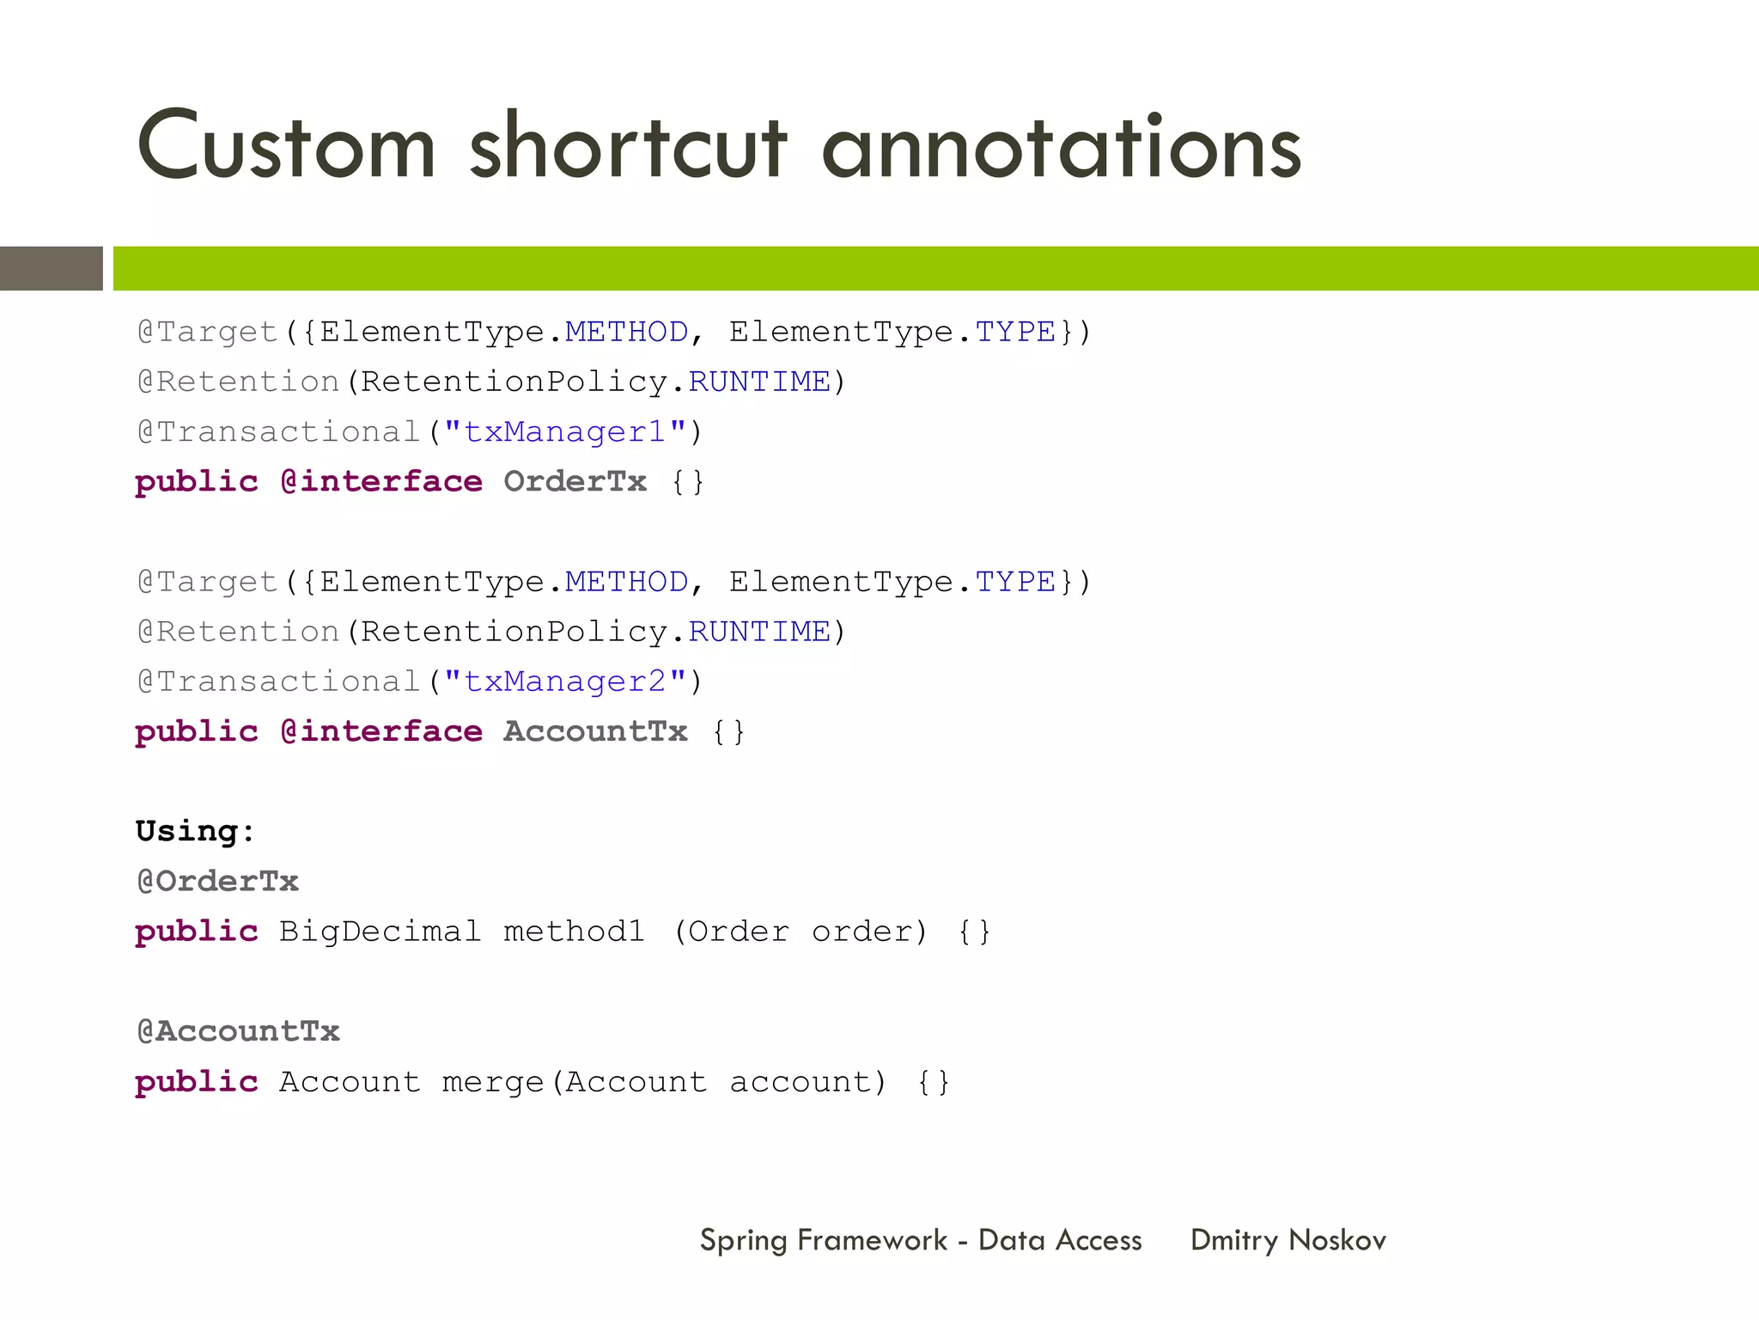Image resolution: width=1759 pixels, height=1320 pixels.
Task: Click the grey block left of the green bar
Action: [x=51, y=268]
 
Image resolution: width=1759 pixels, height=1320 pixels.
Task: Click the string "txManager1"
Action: [x=564, y=431]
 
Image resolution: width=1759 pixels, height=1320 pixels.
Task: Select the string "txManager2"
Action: [x=564, y=681]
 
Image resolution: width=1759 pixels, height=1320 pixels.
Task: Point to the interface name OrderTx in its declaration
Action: [x=575, y=481]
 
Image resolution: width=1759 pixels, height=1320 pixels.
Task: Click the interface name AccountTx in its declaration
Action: [x=595, y=731]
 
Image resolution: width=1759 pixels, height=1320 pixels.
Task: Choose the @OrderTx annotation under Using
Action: [x=217, y=881]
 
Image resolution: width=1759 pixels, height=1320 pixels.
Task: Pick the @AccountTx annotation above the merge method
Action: [x=238, y=1031]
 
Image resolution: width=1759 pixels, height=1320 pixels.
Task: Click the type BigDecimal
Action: [x=380, y=932]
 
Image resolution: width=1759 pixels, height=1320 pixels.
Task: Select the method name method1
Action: [x=574, y=932]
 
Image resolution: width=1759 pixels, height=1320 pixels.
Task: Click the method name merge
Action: [x=492, y=1082]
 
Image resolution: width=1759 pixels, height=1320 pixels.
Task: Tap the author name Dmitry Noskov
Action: [x=1287, y=1240]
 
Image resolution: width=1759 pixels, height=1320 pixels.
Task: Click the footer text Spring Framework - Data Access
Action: [x=921, y=1240]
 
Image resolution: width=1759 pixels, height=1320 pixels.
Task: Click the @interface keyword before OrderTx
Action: [x=381, y=481]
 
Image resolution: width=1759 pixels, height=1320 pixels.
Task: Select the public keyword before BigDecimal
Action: [x=197, y=932]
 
